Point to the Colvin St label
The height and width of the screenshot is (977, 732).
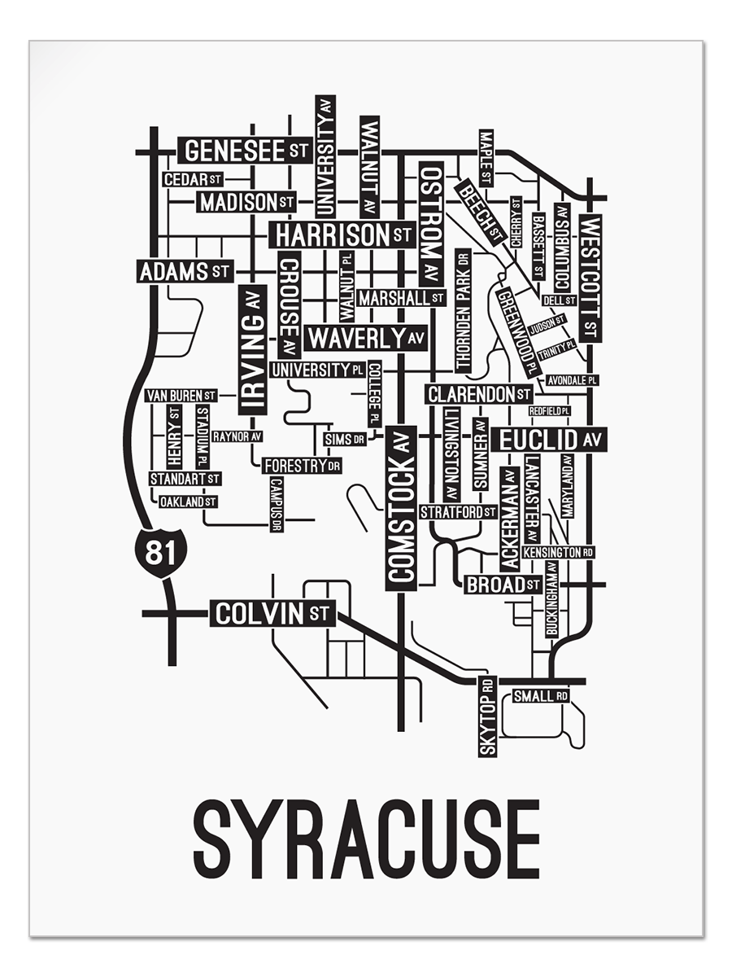pyautogui.click(x=272, y=613)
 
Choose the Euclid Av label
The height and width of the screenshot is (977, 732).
pyautogui.click(x=551, y=440)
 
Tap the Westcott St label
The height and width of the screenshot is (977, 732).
pyautogui.click(x=591, y=278)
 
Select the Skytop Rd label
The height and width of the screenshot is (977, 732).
pyautogui.click(x=487, y=716)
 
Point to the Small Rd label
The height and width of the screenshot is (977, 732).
pyautogui.click(x=541, y=696)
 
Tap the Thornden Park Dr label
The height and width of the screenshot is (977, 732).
pyautogui.click(x=463, y=310)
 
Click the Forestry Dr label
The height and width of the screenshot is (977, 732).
pyautogui.click(x=302, y=466)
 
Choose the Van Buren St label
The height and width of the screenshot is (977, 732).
pyautogui.click(x=181, y=396)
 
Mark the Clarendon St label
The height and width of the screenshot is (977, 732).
pyautogui.click(x=479, y=395)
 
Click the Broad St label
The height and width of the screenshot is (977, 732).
pyautogui.click(x=503, y=584)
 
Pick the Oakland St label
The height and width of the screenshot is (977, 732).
pyautogui.click(x=188, y=502)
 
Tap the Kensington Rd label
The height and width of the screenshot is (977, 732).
pyautogui.click(x=558, y=552)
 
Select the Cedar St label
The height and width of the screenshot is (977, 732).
pyautogui.click(x=193, y=179)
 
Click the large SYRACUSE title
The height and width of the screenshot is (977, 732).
pyautogui.click(x=367, y=839)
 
